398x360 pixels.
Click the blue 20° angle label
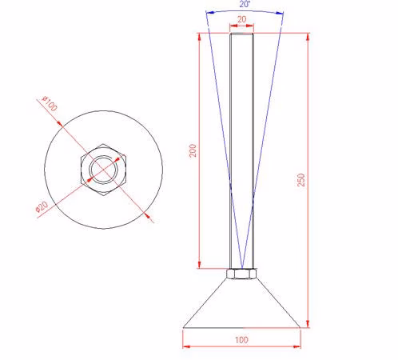[x=245, y=4]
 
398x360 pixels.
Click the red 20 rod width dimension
[x=242, y=19]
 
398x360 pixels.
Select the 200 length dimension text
[x=193, y=150]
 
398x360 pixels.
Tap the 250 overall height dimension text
[x=300, y=180]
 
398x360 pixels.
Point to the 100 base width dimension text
[x=241, y=340]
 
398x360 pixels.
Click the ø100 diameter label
[x=50, y=103]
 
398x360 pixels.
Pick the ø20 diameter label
[x=42, y=206]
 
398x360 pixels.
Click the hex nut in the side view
[x=241, y=274]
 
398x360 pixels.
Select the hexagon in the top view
[x=103, y=170]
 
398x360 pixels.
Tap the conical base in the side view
[x=241, y=303]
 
